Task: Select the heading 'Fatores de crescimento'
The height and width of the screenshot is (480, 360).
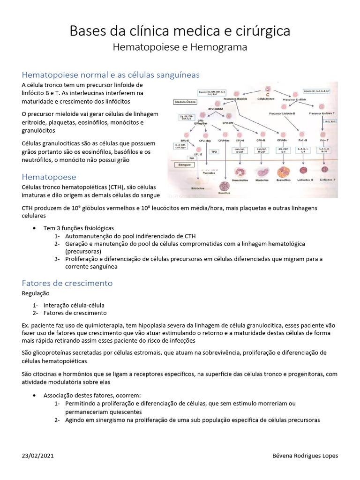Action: click(67, 283)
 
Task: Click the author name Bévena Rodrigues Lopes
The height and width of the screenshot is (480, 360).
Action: click(305, 456)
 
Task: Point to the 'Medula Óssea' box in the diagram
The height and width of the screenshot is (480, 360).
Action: click(185, 101)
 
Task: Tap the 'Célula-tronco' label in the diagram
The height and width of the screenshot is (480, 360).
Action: click(267, 99)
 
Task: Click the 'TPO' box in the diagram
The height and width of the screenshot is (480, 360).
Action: click(214, 152)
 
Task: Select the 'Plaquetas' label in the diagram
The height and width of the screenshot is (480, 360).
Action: click(209, 172)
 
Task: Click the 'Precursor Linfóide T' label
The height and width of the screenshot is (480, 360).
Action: click(322, 113)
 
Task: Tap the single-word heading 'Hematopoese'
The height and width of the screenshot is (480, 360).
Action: click(49, 177)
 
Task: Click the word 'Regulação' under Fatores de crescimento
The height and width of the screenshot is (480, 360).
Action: click(36, 293)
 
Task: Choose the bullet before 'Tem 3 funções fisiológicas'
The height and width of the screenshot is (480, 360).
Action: click(35, 228)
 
